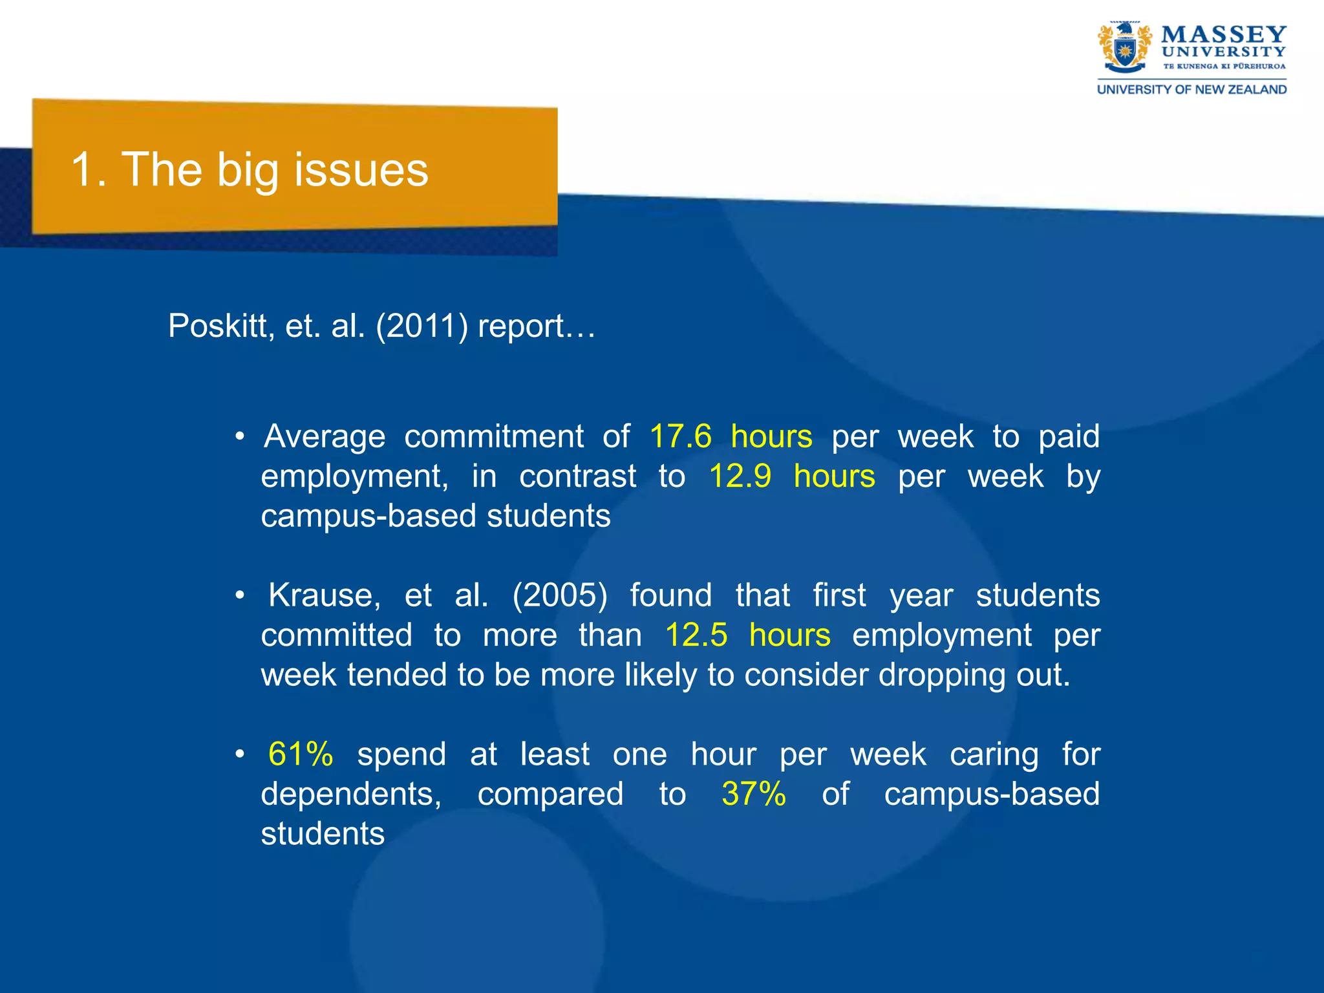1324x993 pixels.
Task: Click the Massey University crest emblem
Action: [x=1125, y=48]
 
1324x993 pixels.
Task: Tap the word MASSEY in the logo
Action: [x=1223, y=34]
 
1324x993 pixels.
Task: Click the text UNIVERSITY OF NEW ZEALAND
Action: [x=1191, y=90]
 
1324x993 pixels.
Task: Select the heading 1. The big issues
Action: [x=250, y=169]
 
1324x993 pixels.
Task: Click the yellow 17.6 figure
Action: [x=680, y=436]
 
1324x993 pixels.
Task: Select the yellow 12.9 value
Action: [x=740, y=476]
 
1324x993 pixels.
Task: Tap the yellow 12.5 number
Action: [x=696, y=635]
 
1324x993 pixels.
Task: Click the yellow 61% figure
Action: [x=301, y=754]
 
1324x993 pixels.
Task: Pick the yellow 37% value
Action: [x=753, y=794]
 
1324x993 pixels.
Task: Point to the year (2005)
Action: [x=560, y=595]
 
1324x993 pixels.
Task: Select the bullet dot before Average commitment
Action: [x=240, y=437]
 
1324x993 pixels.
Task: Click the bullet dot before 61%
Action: [x=240, y=754]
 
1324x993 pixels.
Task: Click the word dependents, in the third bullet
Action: [x=351, y=794]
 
